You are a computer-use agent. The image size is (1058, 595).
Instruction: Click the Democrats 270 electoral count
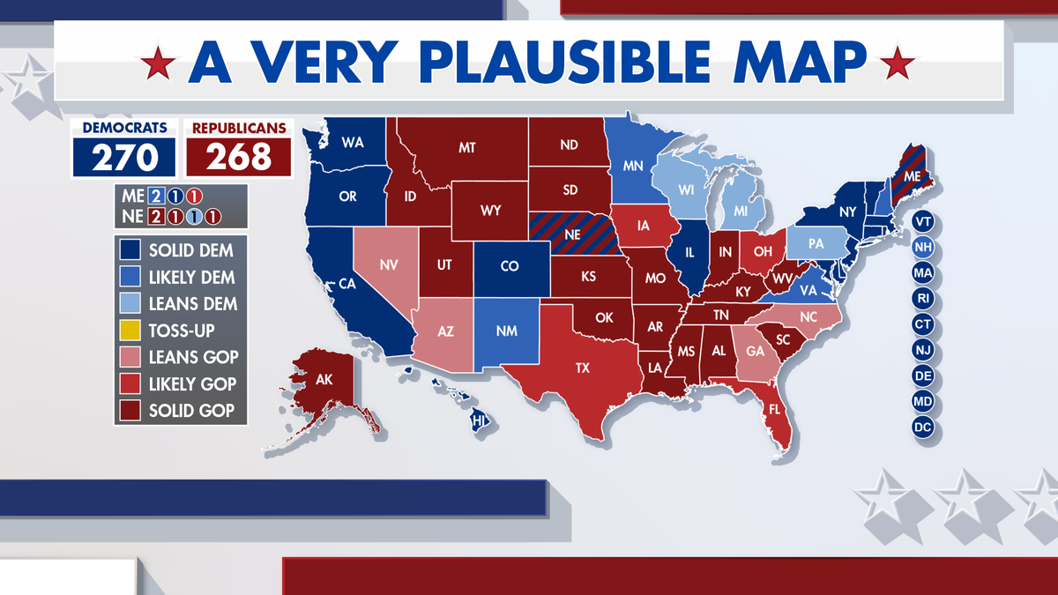click(x=124, y=157)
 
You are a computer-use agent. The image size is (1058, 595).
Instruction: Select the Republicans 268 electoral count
click(x=239, y=157)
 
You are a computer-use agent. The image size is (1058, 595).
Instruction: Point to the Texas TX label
click(x=583, y=368)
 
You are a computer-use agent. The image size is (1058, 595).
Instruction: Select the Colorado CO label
click(x=509, y=265)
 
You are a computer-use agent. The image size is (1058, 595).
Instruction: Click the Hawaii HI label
click(x=480, y=421)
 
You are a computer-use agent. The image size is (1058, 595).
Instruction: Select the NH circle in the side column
click(x=923, y=247)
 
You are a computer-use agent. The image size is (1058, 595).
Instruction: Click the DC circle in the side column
click(x=923, y=428)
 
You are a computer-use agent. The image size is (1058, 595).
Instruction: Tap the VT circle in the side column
click(x=923, y=220)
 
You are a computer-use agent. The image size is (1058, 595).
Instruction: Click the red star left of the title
click(x=159, y=63)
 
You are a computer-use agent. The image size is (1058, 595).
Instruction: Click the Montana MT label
click(x=467, y=148)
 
